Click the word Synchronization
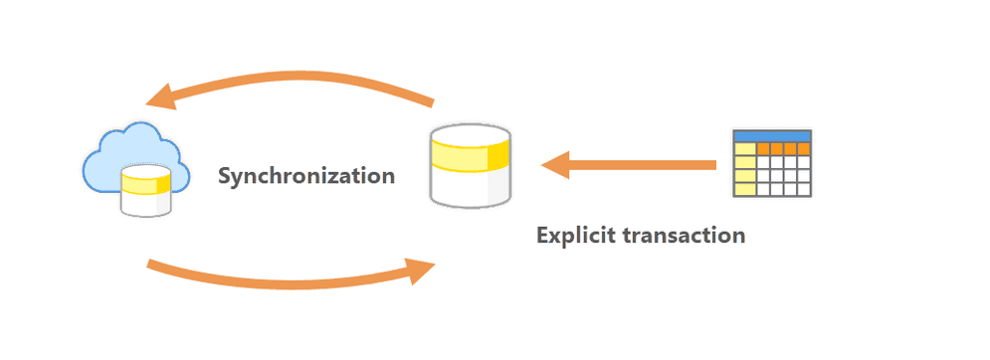pyautogui.click(x=306, y=177)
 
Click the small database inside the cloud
pyautogui.click(x=144, y=191)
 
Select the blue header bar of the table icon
pyautogui.click(x=772, y=135)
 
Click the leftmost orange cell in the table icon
pyautogui.click(x=764, y=149)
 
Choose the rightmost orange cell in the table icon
pyautogui.click(x=804, y=149)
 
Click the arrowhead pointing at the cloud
pyautogui.click(x=159, y=96)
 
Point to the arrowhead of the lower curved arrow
pyautogui.click(x=422, y=269)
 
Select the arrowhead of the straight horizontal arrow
pyautogui.click(x=553, y=164)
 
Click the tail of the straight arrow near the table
pyautogui.click(x=710, y=164)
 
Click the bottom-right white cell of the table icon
pyautogui.click(x=804, y=188)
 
